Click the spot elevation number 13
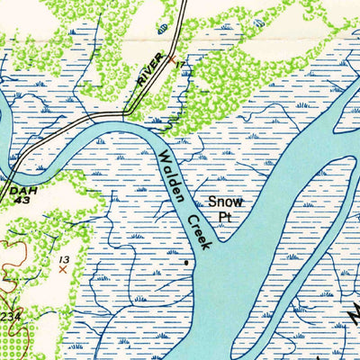click(63, 259)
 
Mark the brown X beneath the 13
click(62, 269)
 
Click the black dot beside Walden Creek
click(186, 263)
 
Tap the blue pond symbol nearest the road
click(163, 28)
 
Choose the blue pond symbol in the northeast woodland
click(259, 18)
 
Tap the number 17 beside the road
click(184, 64)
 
